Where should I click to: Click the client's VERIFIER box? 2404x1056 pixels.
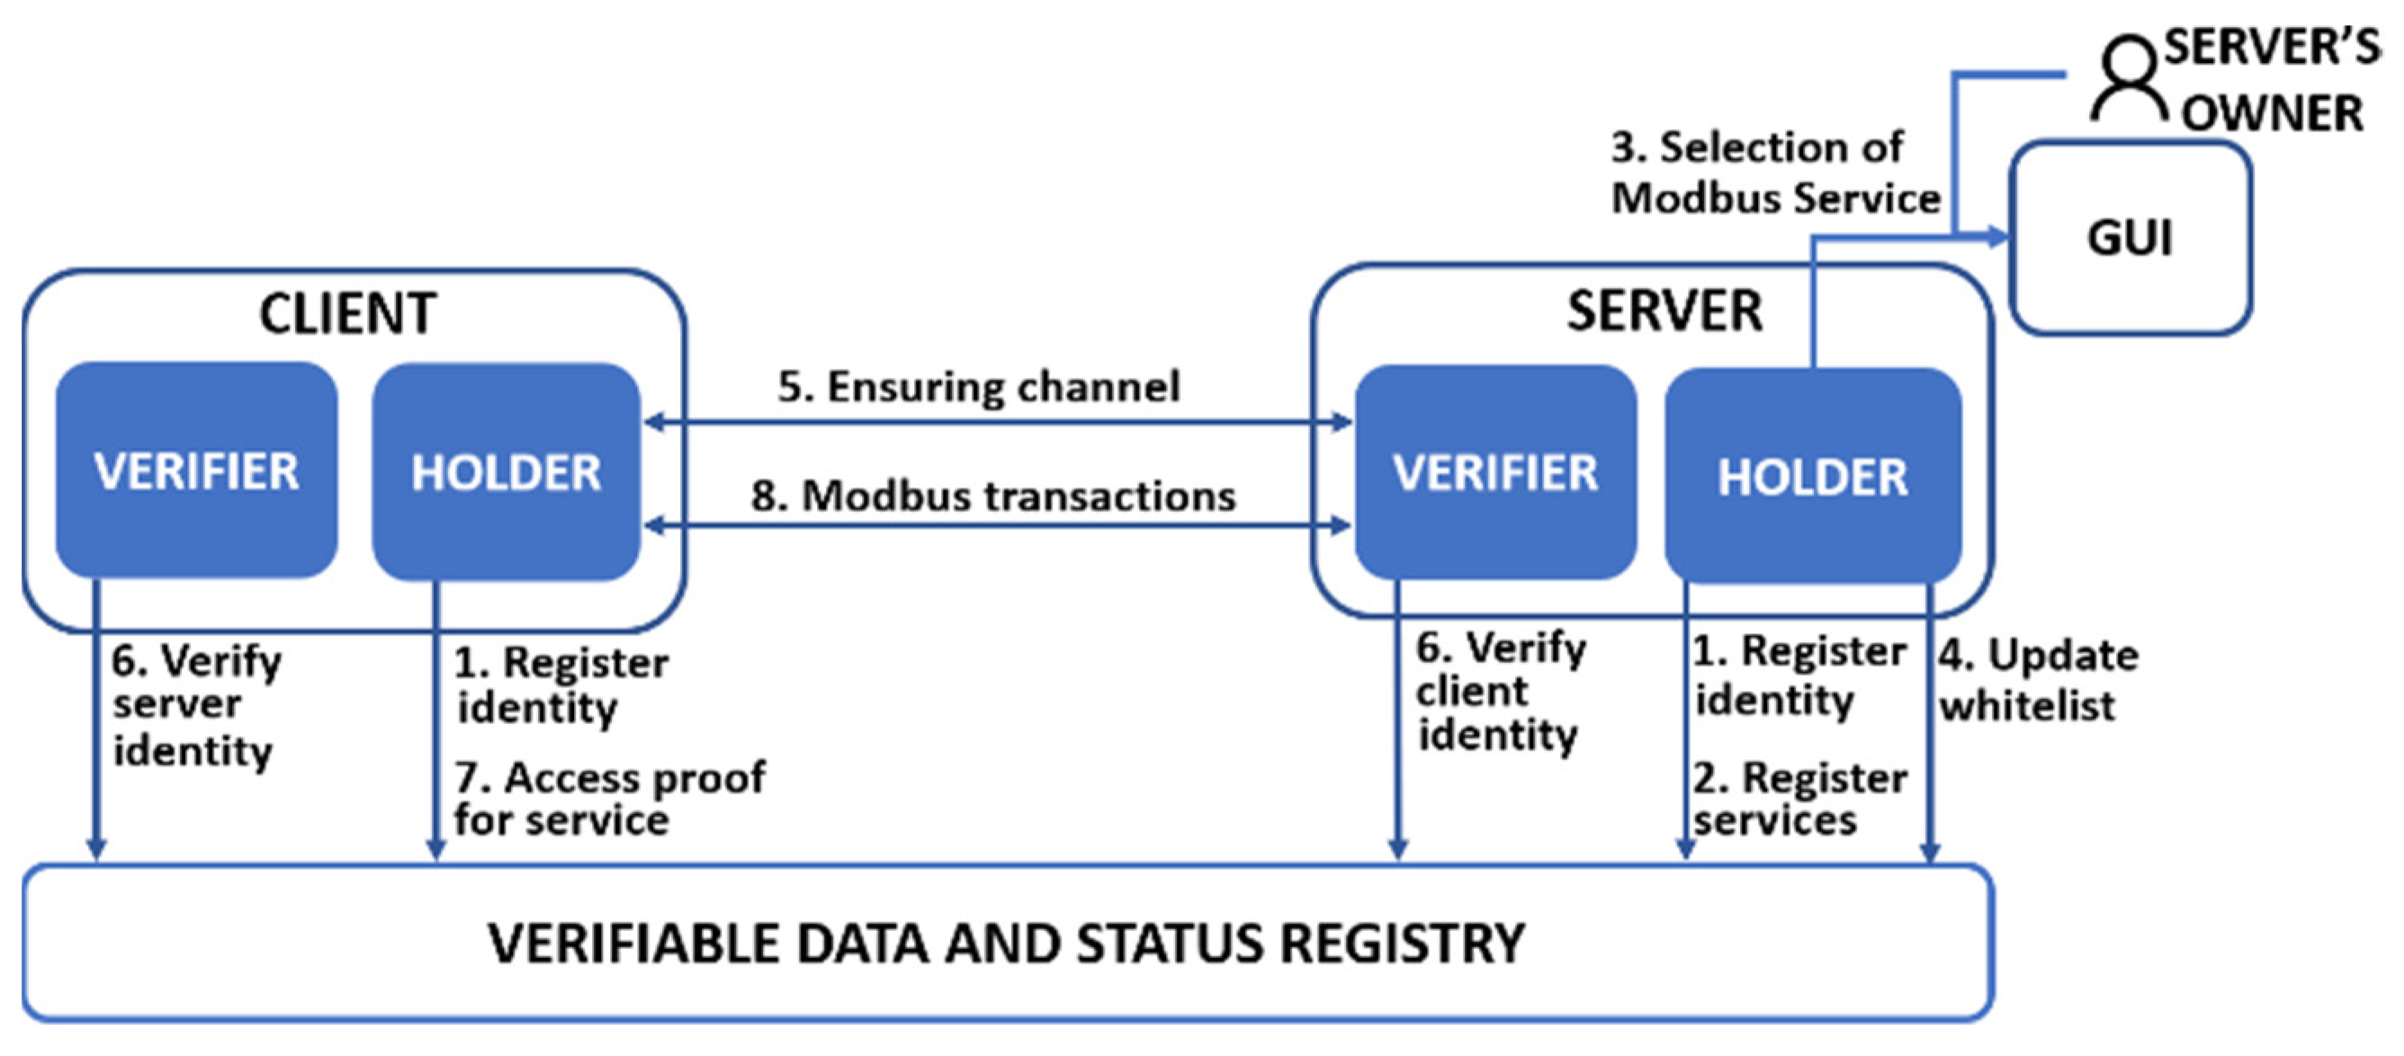click(x=196, y=470)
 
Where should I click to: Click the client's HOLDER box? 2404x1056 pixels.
click(x=506, y=472)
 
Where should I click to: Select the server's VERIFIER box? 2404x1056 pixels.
click(x=1495, y=472)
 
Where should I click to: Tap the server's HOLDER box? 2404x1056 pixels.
click(x=1812, y=476)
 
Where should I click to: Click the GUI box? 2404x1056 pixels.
click(x=2130, y=237)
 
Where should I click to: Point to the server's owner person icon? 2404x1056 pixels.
click(x=2128, y=79)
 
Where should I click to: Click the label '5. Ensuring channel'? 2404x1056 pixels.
click(x=978, y=386)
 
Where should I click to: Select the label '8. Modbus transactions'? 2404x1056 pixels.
click(x=993, y=496)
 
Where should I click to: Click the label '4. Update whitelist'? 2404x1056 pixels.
click(x=2036, y=679)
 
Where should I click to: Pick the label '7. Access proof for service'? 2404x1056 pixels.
click(x=608, y=799)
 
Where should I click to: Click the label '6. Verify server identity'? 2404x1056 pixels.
click(x=194, y=705)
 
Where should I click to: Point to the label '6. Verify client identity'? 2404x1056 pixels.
click(x=1500, y=690)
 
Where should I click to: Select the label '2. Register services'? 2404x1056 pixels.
click(x=1799, y=799)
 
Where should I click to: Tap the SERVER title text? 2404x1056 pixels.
click(x=1664, y=310)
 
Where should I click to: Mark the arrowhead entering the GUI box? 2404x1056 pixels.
click(x=1997, y=237)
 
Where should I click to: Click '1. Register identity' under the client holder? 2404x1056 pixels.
click(x=560, y=685)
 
